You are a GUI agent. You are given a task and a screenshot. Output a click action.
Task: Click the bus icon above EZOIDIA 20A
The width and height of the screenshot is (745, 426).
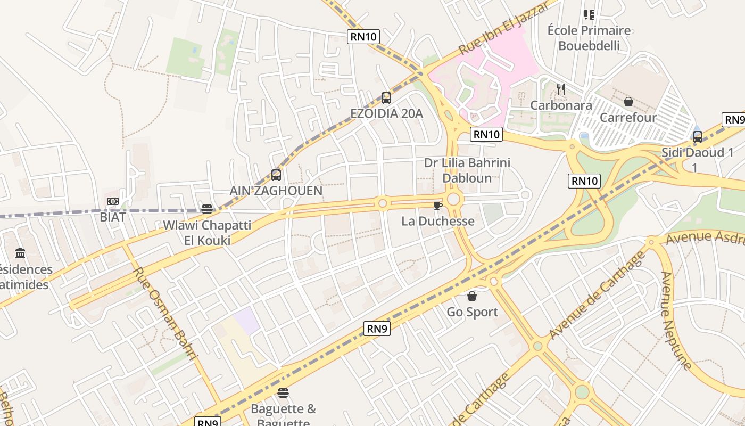click(x=386, y=98)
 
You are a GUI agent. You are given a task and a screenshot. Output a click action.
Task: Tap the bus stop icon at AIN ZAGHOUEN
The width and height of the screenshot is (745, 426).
click(x=276, y=175)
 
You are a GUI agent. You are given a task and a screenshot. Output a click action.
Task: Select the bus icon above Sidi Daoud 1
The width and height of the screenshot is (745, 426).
click(x=697, y=137)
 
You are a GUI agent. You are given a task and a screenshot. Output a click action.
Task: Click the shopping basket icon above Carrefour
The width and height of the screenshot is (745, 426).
click(x=628, y=101)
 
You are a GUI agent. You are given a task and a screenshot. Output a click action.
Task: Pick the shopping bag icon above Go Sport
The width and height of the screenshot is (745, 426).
click(x=472, y=296)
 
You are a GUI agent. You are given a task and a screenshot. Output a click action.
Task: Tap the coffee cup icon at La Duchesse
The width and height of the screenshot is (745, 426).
click(x=437, y=206)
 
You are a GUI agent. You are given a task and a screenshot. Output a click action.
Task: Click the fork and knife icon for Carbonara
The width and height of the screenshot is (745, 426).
click(x=560, y=89)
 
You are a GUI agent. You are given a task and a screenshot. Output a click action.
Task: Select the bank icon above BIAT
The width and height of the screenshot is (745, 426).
click(x=112, y=201)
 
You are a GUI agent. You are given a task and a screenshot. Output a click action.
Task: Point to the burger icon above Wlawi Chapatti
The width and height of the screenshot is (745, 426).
click(x=207, y=209)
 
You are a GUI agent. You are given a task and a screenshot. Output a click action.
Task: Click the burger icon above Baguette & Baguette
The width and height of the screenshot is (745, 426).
click(x=283, y=394)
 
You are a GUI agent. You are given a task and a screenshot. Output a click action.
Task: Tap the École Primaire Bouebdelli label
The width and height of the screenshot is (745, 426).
click(x=589, y=38)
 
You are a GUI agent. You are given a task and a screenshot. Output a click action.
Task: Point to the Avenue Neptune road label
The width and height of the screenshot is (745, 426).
click(x=675, y=321)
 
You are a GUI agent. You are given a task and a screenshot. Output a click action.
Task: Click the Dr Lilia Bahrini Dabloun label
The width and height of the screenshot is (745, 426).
click(x=467, y=170)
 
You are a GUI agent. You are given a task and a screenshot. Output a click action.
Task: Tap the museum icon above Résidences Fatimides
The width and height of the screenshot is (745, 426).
click(x=20, y=253)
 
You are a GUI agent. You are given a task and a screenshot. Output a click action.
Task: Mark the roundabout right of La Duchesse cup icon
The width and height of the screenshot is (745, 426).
click(x=453, y=200)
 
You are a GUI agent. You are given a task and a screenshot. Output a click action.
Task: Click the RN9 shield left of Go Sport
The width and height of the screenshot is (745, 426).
click(x=377, y=329)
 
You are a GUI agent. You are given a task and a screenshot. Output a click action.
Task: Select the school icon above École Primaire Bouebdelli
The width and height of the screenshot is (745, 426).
click(x=589, y=15)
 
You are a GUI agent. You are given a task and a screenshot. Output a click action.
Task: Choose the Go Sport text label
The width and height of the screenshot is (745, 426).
click(x=473, y=312)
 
